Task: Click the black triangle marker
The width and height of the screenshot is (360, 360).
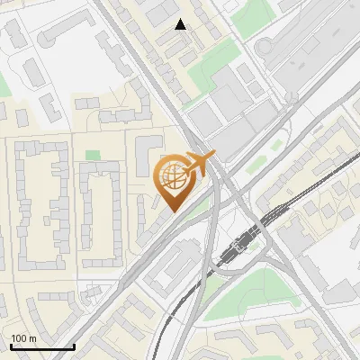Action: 181,25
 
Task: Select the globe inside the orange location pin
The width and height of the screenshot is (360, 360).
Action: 173,177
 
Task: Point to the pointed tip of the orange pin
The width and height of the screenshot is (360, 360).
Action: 172,211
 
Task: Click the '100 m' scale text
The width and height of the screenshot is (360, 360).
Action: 23,337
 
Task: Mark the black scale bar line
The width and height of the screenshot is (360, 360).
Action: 42,346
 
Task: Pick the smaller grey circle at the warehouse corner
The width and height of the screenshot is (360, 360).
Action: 292,97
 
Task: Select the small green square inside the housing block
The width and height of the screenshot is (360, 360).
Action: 93,156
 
